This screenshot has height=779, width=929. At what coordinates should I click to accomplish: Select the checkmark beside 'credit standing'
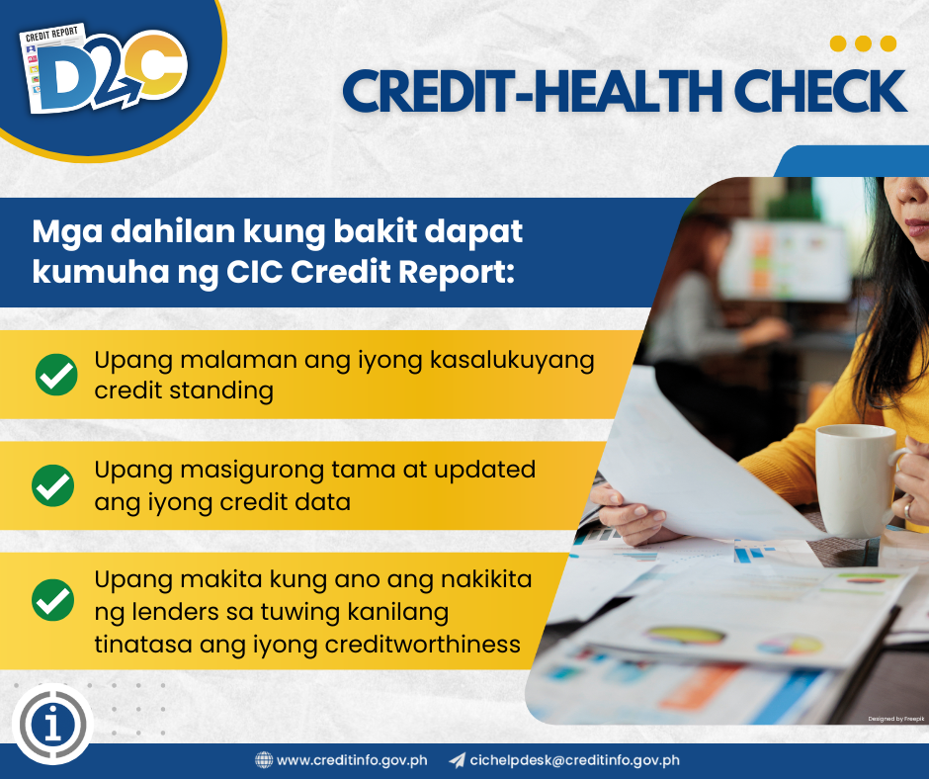click(55, 376)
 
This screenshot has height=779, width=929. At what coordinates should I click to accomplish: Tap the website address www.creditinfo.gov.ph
click(352, 760)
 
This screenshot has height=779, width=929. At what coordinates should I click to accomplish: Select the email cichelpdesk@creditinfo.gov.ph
click(574, 760)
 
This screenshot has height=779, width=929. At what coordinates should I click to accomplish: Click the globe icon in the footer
click(264, 760)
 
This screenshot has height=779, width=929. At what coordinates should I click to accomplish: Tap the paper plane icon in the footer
click(457, 760)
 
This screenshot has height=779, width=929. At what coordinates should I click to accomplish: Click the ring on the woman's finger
click(908, 509)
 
